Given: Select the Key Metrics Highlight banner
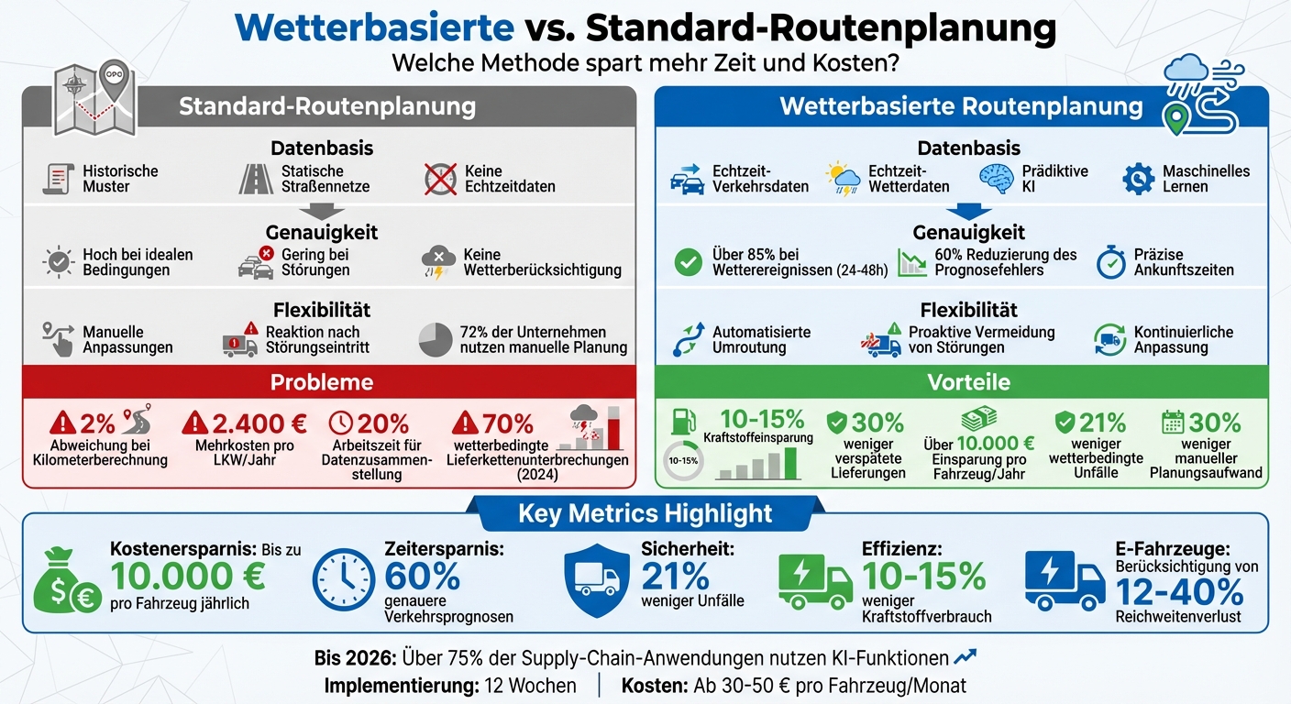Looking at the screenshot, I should tap(645, 513).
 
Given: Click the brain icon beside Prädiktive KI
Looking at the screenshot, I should tap(998, 178).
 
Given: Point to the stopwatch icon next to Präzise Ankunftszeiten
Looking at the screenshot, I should tap(1111, 262).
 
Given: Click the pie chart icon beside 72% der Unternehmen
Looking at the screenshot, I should tap(436, 339).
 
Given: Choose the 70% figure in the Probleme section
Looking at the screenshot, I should tap(506, 423).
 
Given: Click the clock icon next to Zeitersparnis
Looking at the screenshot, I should tap(344, 580).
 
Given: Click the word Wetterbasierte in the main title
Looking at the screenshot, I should tap(374, 28).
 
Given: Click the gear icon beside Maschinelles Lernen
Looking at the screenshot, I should tap(1138, 178).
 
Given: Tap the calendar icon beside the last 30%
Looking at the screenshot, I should tap(1173, 422).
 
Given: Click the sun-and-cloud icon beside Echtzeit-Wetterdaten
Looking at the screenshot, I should tap(842, 178).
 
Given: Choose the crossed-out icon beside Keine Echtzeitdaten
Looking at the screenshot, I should tap(440, 178).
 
